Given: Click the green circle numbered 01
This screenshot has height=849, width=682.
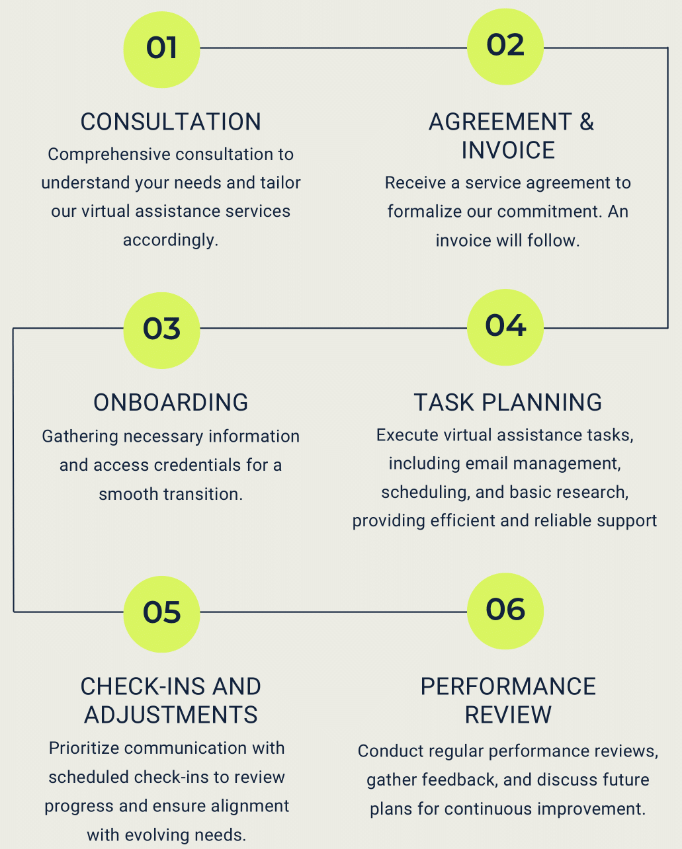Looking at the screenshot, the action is tap(161, 49).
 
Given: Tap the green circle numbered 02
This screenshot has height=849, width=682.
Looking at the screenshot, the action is tap(505, 46).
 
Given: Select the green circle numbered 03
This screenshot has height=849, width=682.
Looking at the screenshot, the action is tap(161, 329).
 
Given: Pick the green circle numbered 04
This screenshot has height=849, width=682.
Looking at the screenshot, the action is tap(505, 327).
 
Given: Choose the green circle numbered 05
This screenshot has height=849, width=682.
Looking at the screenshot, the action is tap(161, 613).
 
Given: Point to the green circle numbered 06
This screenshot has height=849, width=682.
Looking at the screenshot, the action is tap(505, 610).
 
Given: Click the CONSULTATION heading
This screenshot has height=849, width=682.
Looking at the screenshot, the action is tap(171, 122).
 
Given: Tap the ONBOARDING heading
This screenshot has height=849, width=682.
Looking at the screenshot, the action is tap(171, 402).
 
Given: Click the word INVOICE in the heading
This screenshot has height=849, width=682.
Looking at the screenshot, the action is tap(508, 150).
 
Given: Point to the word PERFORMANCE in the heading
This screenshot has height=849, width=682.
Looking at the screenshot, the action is tap(508, 686).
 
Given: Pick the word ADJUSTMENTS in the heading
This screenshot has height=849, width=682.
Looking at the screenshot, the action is tap(171, 715).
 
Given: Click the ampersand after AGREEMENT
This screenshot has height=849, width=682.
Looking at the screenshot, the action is tap(586, 122).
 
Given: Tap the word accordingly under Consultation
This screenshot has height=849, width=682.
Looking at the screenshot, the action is tap(171, 239).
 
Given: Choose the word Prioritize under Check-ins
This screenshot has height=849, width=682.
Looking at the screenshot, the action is tap(83, 748).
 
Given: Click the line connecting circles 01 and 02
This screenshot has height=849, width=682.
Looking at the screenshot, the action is tap(333, 48).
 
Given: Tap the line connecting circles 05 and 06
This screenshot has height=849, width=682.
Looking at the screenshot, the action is tap(333, 612).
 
